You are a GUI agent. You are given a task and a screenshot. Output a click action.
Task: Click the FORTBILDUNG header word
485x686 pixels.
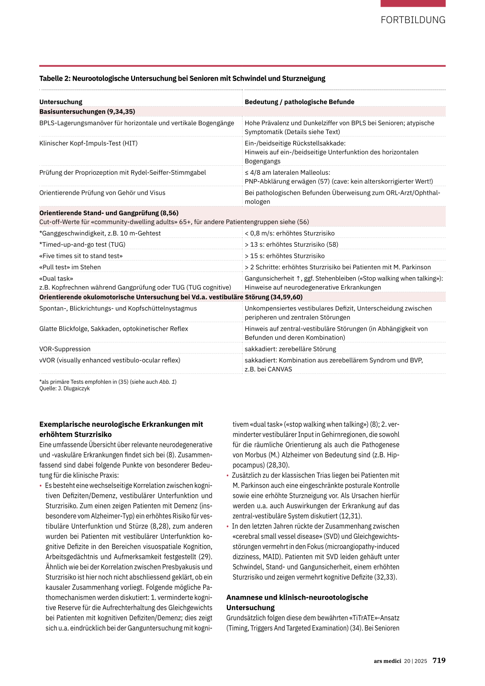[x=413, y=20]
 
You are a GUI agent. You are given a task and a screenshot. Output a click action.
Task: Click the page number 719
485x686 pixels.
[x=439, y=660]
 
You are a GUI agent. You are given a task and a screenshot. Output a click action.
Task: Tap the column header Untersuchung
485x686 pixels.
[x=61, y=102]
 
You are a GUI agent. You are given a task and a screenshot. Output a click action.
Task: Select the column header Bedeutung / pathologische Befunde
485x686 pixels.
[x=299, y=102]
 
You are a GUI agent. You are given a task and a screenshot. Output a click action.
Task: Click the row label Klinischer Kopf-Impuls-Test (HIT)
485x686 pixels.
[x=89, y=143]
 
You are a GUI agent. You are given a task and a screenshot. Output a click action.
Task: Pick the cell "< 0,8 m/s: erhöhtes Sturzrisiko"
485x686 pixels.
[x=289, y=233]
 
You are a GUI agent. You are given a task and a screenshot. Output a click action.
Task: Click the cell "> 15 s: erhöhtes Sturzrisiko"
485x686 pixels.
[x=285, y=256]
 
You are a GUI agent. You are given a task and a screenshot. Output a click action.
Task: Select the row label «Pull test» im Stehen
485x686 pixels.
[x=70, y=267]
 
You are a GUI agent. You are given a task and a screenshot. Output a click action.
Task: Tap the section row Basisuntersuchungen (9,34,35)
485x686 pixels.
[x=87, y=112]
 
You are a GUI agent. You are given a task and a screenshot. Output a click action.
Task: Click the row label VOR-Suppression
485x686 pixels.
[x=65, y=349]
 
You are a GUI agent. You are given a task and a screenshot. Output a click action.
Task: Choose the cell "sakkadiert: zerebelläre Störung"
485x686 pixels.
[x=290, y=349]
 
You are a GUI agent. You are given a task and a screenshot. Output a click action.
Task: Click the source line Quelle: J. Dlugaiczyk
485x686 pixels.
[x=64, y=388]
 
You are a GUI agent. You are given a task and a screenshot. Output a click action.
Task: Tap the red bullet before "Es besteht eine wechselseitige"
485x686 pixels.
[x=41, y=486]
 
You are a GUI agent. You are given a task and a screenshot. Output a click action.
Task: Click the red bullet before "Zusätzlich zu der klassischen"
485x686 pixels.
[x=227, y=476]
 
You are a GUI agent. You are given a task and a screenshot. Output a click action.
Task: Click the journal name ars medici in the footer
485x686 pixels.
[x=387, y=661]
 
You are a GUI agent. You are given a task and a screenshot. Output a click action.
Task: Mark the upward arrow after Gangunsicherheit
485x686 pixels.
[x=298, y=279]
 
